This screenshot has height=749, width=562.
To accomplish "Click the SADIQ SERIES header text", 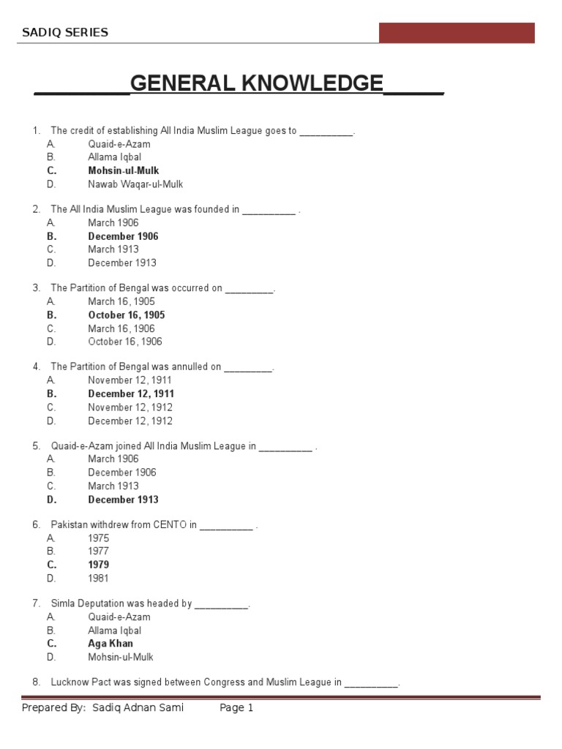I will (65, 32).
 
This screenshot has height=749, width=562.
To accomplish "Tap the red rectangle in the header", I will (456, 33).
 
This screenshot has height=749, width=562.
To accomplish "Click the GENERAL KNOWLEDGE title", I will (256, 83).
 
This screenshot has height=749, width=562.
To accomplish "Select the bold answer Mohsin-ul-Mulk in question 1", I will (124, 170).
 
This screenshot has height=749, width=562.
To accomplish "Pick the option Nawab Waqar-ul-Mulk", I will (135, 184).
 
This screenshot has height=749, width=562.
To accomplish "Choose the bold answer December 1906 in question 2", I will (123, 236).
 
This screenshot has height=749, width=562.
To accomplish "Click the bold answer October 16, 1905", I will (127, 315).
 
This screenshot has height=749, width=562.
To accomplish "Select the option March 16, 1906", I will (121, 328).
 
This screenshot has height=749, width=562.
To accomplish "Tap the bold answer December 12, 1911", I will (131, 394).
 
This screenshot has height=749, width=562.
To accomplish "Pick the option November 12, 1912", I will (130, 407).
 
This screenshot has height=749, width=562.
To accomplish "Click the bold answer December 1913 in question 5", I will (123, 500).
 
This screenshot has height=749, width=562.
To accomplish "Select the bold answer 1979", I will (99, 565).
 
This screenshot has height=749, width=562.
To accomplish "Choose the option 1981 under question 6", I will (99, 578).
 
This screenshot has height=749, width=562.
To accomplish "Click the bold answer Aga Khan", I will (110, 644).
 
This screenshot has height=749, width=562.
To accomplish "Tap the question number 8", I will (36, 682).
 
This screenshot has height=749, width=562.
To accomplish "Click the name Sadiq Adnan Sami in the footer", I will (138, 708).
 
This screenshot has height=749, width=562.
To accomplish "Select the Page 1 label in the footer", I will (236, 708).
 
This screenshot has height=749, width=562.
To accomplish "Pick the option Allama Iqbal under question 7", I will (115, 631).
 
